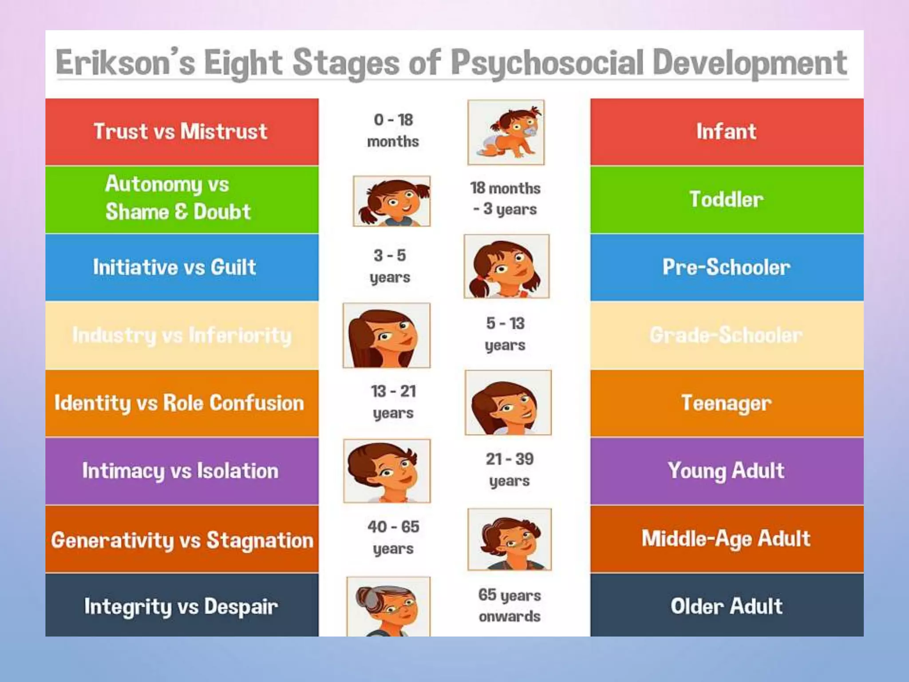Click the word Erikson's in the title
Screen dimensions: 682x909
pyautogui.click(x=125, y=63)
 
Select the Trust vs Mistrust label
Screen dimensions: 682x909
pyautogui.click(x=181, y=131)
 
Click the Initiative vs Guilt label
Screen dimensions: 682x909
pyautogui.click(x=174, y=267)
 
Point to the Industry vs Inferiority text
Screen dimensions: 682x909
pyautogui.click(x=182, y=335)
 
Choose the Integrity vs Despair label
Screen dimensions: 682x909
pyautogui.click(x=181, y=607)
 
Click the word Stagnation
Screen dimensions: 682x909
pyautogui.click(x=260, y=540)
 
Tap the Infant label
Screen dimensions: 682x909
pyautogui.click(x=726, y=131)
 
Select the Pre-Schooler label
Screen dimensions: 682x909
pyautogui.click(x=726, y=267)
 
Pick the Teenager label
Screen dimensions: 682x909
pyautogui.click(x=726, y=403)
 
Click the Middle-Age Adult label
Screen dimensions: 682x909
pyautogui.click(x=726, y=539)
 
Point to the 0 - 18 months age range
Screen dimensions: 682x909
pyautogui.click(x=393, y=131)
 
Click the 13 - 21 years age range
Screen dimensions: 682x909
pyautogui.click(x=393, y=402)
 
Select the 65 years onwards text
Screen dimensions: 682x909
pyautogui.click(x=510, y=605)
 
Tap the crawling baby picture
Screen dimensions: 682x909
pyautogui.click(x=506, y=132)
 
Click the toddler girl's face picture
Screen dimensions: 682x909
pyautogui.click(x=391, y=201)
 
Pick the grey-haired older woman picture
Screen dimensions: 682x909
pyautogui.click(x=388, y=607)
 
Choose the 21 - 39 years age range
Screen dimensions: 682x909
pyautogui.click(x=510, y=470)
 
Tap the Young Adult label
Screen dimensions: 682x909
pyautogui.click(x=726, y=471)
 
